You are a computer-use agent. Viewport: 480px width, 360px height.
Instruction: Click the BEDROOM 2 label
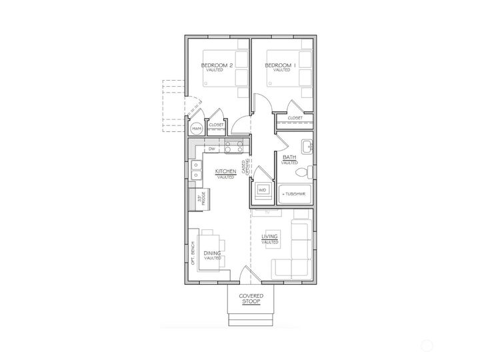(217, 65)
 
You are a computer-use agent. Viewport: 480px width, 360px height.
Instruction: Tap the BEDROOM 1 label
(279, 65)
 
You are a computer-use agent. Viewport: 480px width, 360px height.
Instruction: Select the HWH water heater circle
(197, 128)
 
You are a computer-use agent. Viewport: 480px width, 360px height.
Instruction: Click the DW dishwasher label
(211, 149)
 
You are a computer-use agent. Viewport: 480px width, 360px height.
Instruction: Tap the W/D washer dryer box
(261, 189)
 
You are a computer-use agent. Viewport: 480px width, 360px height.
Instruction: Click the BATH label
(289, 158)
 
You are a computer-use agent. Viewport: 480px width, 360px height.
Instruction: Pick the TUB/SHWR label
(293, 194)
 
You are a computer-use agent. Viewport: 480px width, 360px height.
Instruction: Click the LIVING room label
(270, 237)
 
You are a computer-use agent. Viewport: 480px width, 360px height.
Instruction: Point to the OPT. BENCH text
(192, 253)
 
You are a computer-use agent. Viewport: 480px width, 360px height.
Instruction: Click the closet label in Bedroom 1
(295, 118)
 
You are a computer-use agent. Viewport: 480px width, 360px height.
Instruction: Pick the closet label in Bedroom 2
(217, 125)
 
